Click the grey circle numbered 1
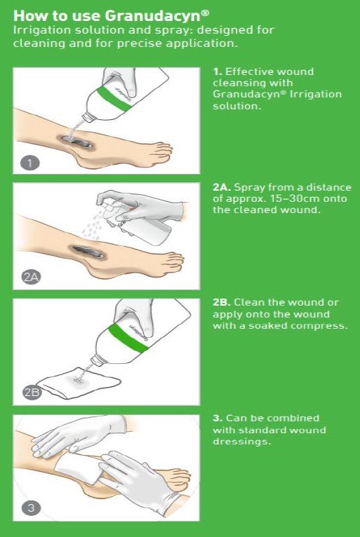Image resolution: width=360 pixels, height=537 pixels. point(30,163)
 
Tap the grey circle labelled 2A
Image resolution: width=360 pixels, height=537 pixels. point(31,277)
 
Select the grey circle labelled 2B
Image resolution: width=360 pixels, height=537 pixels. point(32,392)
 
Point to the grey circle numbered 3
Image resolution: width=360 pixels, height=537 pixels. point(31,507)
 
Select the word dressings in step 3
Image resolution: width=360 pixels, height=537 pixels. point(241,442)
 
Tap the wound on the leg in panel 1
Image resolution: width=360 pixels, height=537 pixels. point(76,142)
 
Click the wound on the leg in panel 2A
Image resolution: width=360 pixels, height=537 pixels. point(88,252)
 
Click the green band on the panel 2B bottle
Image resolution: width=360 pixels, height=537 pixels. point(128,337)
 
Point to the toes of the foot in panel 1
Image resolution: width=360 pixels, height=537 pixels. point(161,149)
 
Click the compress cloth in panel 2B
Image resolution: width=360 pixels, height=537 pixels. point(79,383)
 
